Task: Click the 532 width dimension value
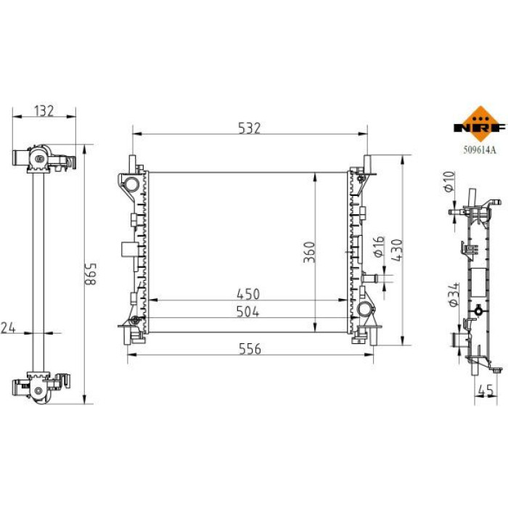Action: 249,128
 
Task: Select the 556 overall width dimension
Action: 250,348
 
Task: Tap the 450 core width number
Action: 248,294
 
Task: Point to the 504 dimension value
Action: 248,311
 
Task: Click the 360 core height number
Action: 309,252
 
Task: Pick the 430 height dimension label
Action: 396,250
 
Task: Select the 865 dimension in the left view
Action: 91,274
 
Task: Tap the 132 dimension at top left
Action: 44,111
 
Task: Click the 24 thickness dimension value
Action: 8,327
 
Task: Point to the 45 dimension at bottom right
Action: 486,390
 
